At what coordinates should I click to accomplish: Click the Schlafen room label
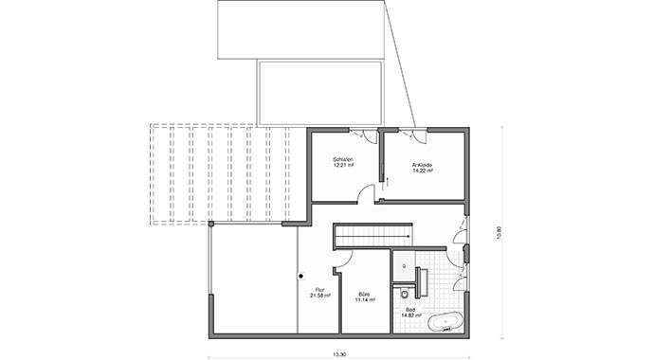(343, 158)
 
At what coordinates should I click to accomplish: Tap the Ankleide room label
(423, 165)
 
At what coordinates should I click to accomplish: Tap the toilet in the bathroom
(405, 281)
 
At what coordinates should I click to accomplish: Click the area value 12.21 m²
(343, 164)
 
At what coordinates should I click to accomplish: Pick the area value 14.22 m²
(423, 171)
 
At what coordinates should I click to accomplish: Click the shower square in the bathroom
(402, 260)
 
